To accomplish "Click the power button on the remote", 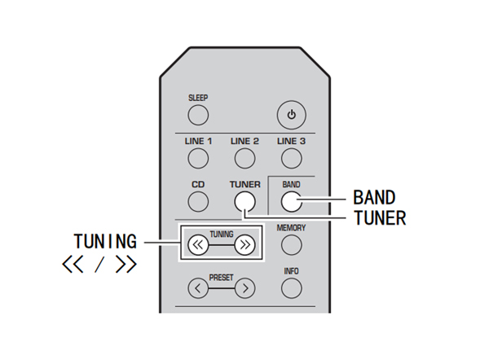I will [291, 114].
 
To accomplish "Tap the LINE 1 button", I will [198, 159].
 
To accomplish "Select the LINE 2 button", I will [244, 159].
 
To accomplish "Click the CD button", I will [198, 204].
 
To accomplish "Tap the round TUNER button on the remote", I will [244, 204].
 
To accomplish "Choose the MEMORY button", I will [291, 245].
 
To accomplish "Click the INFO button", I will [291, 288].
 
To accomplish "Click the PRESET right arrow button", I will [244, 288].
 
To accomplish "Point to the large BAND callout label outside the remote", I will [374, 197].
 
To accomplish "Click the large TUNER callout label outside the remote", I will [379, 217].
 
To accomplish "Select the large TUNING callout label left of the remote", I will [105, 242].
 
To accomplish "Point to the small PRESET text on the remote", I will [221, 277].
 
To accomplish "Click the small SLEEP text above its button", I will [198, 98].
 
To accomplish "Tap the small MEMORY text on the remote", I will [291, 228].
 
